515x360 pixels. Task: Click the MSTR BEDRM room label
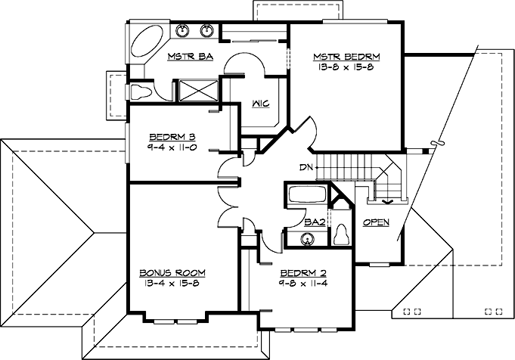click(346, 57)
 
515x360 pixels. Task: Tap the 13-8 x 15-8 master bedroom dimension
click(346, 67)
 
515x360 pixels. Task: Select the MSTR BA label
click(189, 57)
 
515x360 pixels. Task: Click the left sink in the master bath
click(183, 31)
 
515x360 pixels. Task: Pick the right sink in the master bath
click(206, 31)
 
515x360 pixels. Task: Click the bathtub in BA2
click(306, 195)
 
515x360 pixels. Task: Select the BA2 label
click(313, 222)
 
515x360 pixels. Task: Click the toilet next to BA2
click(341, 234)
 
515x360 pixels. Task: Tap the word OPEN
click(376, 222)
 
